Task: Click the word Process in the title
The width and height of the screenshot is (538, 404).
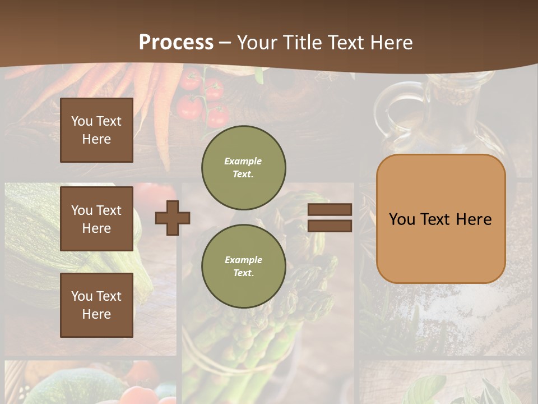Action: click(176, 43)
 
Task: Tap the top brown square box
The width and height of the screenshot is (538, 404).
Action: click(96, 130)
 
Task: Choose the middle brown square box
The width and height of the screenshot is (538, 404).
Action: click(96, 219)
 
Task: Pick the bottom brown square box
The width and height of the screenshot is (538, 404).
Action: click(96, 305)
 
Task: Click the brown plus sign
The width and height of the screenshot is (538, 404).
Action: click(173, 218)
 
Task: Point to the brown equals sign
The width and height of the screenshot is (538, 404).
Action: click(330, 218)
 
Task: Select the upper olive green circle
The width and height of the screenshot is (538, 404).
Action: click(243, 167)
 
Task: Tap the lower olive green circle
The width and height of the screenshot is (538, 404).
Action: click(243, 266)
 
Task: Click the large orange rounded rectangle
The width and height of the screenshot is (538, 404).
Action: click(440, 219)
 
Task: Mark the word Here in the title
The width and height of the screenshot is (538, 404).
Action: click(392, 43)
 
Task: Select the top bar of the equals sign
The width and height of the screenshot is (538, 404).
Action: click(330, 209)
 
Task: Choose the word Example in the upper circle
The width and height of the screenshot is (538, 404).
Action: click(243, 161)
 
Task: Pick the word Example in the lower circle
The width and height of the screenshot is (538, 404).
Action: click(243, 260)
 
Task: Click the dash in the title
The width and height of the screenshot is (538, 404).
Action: click(225, 43)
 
